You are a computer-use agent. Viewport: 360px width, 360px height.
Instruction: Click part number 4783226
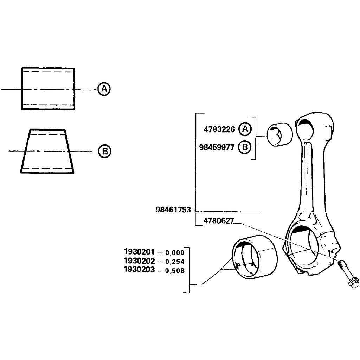pos(219,129)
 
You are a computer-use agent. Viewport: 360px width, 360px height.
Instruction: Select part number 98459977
pos(217,147)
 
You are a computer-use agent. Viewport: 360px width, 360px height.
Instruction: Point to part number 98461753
pos(173,210)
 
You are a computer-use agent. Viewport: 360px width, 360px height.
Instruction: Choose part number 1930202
pos(139,261)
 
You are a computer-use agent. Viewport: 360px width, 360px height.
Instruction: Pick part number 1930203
pos(139,270)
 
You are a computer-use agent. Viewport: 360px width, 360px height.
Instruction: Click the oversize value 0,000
pos(174,252)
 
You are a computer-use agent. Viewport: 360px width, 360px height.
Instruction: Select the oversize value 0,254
pos(174,262)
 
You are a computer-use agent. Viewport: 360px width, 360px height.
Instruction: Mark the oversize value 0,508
pos(174,271)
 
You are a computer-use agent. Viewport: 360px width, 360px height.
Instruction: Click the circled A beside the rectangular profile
pos(104,89)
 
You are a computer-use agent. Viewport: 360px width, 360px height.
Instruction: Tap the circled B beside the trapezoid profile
pos(104,152)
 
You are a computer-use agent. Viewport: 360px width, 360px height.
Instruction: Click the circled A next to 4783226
pos(245,129)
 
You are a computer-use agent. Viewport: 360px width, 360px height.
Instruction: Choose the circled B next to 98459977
pos(245,147)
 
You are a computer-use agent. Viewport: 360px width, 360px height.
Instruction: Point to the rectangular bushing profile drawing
pos(48,89)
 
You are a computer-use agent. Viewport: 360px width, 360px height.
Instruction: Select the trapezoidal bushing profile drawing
pos(47,151)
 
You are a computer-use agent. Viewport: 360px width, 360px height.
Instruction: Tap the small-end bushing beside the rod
pos(280,134)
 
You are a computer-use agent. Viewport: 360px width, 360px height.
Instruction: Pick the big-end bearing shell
pos(255,258)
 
